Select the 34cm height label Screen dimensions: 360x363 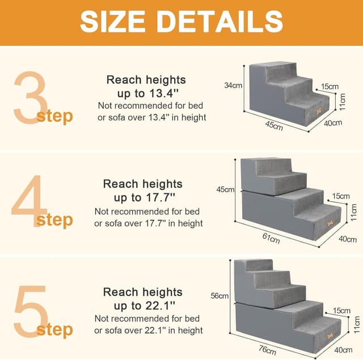(233, 86)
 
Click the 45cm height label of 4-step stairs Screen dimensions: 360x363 (225, 189)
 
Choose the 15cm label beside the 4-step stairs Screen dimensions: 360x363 (341, 196)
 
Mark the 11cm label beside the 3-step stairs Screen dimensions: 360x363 (343, 103)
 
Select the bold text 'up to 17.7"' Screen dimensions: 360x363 (145, 197)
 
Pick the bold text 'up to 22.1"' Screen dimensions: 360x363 (145, 306)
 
